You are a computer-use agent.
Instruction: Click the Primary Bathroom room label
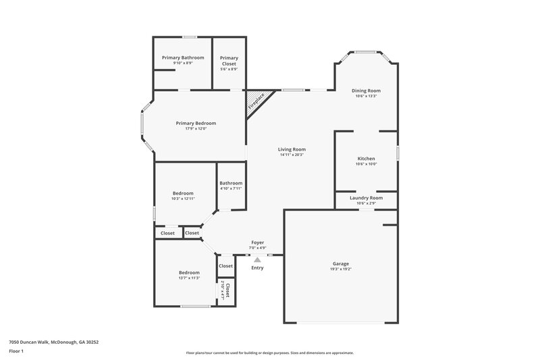(182, 57)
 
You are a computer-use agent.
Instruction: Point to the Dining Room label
(366, 91)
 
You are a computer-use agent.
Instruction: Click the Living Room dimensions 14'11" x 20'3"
(292, 155)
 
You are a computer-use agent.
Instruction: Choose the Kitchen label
(366, 159)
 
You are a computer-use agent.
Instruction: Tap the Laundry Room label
(366, 198)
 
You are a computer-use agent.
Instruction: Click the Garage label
(341, 263)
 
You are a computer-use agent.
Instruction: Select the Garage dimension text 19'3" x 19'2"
(341, 269)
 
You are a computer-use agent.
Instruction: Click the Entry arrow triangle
(257, 259)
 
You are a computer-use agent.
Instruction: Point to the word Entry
(257, 268)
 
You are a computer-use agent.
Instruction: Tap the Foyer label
(257, 242)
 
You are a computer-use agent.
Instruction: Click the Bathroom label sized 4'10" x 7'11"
(231, 183)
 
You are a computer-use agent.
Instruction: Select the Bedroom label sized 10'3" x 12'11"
(182, 193)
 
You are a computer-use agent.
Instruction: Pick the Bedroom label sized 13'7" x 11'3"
(189, 272)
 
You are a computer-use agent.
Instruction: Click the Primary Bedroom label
(196, 123)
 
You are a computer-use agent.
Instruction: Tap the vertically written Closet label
(227, 290)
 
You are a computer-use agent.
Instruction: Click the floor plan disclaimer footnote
(270, 353)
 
